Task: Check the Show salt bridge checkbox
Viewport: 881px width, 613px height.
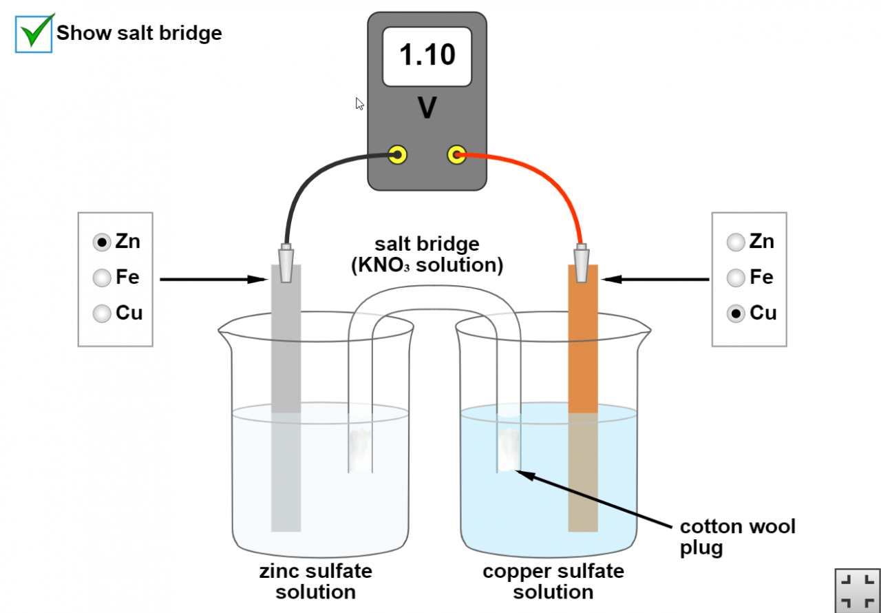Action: point(34,34)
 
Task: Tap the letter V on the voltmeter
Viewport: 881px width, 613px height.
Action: point(427,108)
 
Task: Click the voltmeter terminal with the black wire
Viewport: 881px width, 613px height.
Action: point(397,155)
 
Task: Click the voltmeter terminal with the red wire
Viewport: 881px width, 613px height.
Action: point(456,155)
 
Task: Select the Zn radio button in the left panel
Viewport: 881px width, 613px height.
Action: point(102,242)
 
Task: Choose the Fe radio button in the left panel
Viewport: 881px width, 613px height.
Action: point(102,278)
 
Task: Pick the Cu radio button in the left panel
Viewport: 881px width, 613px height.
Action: point(102,313)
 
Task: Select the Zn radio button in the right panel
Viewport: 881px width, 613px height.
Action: point(736,242)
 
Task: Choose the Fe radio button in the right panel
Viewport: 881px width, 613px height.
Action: point(736,278)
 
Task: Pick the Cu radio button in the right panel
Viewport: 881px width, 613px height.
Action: point(736,313)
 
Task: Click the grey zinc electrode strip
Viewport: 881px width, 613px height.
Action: point(286,358)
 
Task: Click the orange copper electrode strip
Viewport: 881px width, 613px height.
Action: point(582,344)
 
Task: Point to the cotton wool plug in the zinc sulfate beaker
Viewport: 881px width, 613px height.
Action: point(360,450)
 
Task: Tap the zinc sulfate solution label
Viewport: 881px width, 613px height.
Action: point(316,581)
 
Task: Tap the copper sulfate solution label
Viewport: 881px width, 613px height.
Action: point(553,581)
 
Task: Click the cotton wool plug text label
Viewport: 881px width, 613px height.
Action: point(737,537)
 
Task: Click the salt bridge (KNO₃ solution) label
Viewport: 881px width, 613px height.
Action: point(427,254)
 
